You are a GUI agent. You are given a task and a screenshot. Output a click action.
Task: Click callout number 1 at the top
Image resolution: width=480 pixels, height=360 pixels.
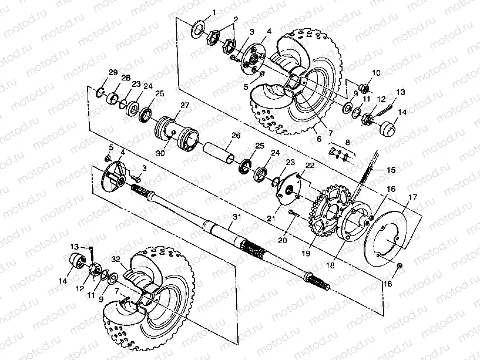click(214, 12)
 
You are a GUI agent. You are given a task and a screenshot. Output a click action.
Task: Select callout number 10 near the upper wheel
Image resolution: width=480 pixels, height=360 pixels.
click(376, 73)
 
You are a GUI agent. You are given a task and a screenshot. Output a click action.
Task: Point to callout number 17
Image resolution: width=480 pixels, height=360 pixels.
click(413, 197)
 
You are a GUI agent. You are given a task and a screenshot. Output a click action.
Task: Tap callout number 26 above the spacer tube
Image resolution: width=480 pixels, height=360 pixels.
click(236, 135)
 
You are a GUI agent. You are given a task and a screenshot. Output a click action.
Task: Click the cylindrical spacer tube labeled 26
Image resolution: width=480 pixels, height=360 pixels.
click(220, 151)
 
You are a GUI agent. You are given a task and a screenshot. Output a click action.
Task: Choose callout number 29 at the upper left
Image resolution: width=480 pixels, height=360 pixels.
click(113, 73)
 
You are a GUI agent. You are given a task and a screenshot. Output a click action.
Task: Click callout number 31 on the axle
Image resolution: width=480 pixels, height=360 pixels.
click(236, 217)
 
